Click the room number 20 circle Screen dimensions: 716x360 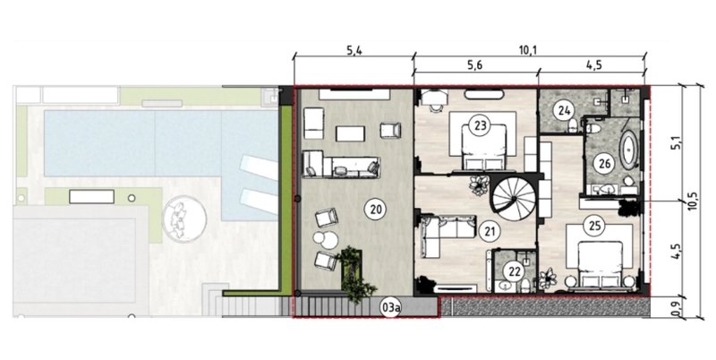[375, 210]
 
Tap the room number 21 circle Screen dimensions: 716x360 [490, 232]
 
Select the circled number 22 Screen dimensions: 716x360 [515, 271]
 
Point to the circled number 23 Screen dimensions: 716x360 [481, 124]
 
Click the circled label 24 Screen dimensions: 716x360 [564, 110]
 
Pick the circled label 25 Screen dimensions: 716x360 [594, 226]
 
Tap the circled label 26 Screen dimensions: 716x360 [604, 164]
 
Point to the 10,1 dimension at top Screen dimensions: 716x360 [528, 50]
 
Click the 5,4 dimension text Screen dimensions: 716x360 [354, 50]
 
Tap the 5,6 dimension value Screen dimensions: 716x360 [475, 64]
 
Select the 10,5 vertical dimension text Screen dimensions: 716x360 [693, 200]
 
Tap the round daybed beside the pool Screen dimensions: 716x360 [184, 219]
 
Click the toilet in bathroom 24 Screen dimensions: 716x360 [572, 125]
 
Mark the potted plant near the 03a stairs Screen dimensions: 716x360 [356, 275]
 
